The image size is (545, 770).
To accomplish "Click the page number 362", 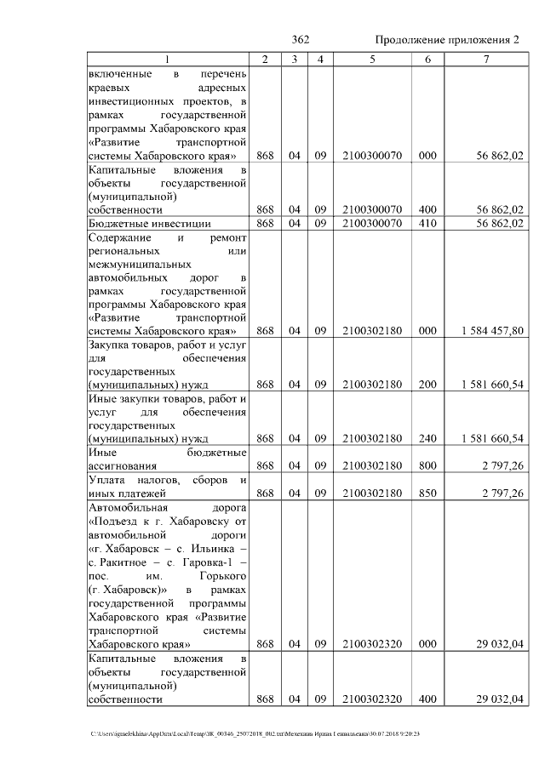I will (300, 41).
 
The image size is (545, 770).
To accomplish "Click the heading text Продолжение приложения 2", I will (447, 41).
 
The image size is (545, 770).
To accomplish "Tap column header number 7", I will (486, 59).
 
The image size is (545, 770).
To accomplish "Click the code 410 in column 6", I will (427, 223).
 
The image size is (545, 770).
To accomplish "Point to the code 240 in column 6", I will (427, 438).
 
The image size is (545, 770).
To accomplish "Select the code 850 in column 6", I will (427, 493).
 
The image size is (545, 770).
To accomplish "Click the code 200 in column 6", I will (427, 385).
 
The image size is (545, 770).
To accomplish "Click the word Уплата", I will (110, 480).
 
